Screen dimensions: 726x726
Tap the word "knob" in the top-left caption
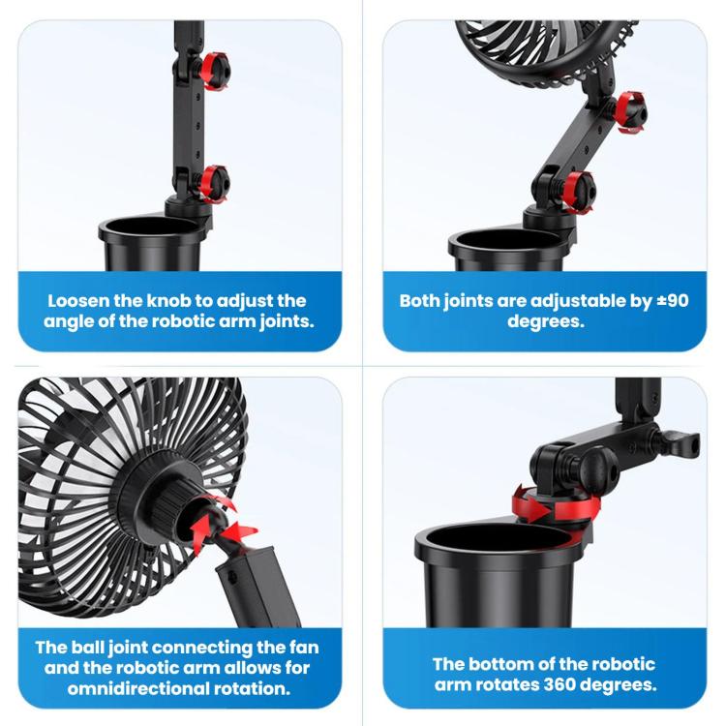click(x=168, y=301)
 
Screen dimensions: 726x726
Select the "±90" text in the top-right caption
click(x=673, y=301)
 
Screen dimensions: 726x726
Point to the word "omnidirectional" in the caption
click(x=137, y=688)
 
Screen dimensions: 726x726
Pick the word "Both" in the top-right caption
click(x=419, y=301)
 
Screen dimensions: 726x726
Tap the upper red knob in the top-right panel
click(x=630, y=112)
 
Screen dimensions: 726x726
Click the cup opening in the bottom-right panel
click(x=499, y=538)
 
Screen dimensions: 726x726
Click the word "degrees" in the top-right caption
click(x=546, y=321)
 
